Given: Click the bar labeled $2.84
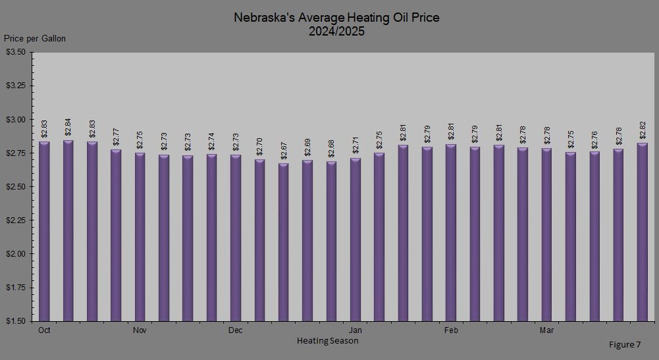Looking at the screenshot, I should point(68,230).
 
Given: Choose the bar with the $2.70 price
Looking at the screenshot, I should point(259,240).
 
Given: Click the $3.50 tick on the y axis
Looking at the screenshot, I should point(15,52).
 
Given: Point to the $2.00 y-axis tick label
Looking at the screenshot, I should point(15,254).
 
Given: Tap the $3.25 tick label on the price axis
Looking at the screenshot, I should point(15,86).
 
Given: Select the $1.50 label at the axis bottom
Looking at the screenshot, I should point(15,321).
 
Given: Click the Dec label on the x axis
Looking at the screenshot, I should point(235,330).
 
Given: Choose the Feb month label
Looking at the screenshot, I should point(451,330).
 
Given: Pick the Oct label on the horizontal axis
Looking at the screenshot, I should point(44,330).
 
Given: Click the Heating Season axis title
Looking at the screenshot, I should point(327,341).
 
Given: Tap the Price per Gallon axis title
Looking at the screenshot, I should point(35,39).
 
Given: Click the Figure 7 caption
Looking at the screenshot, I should point(624,345).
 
